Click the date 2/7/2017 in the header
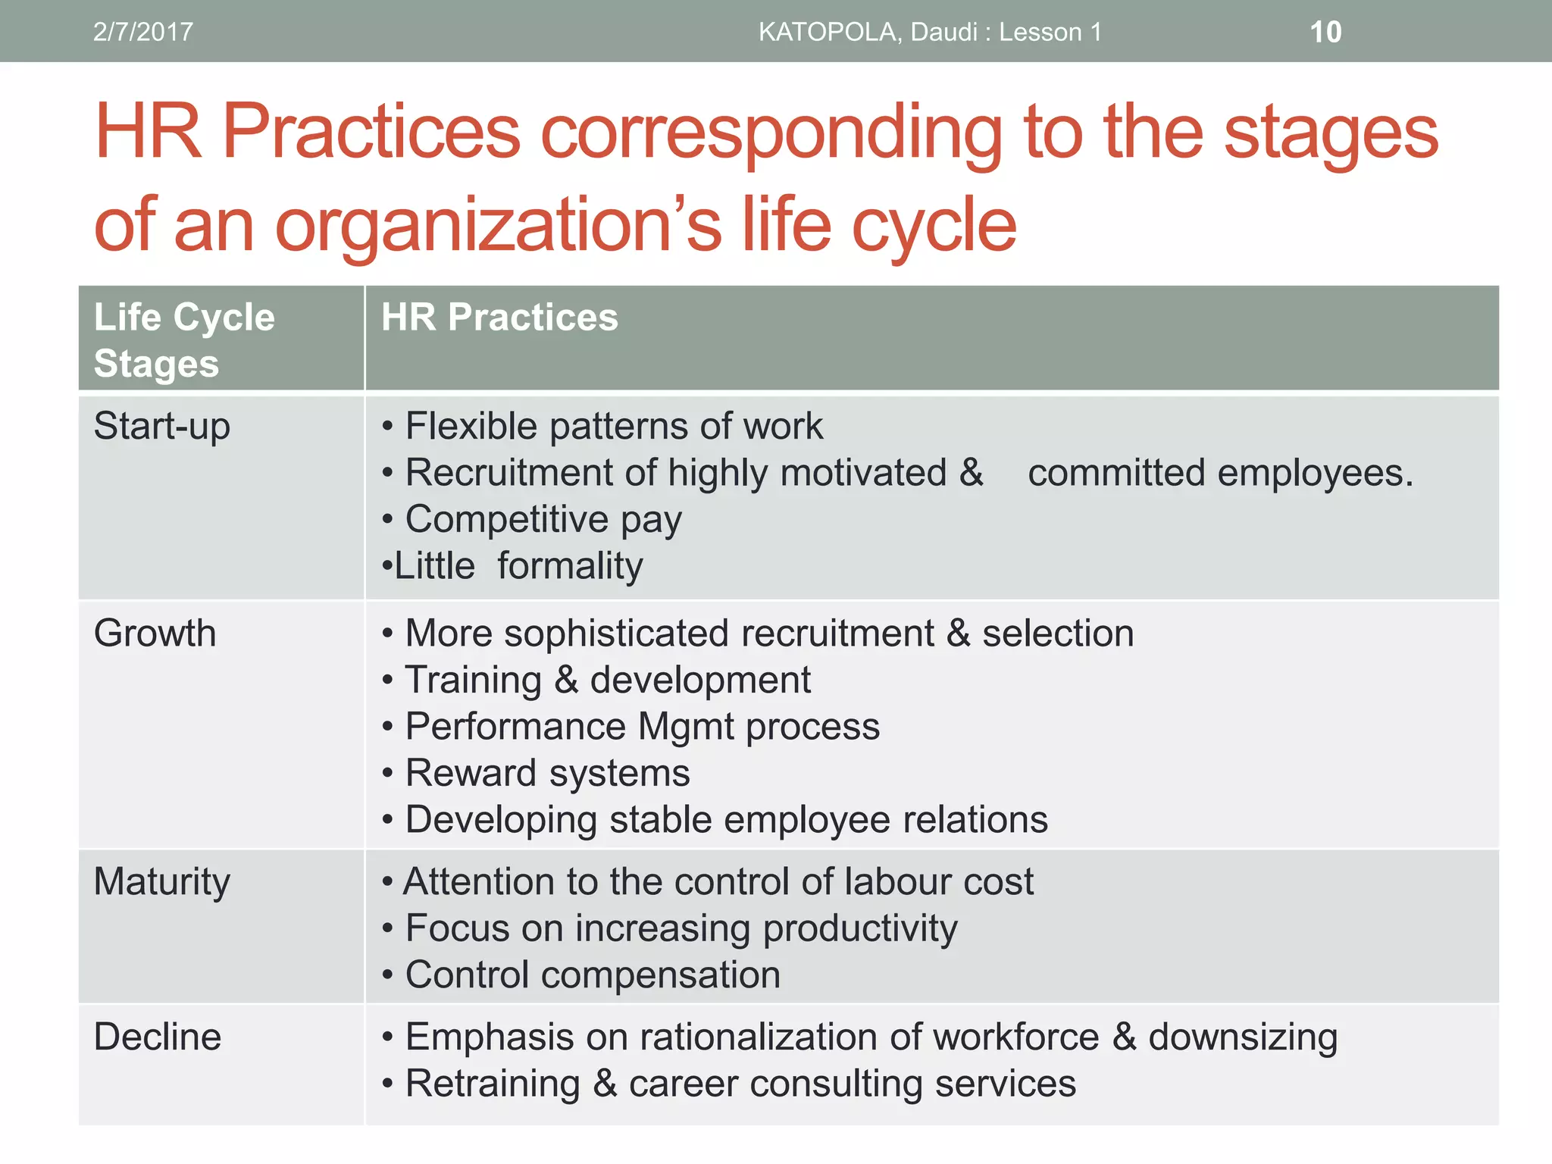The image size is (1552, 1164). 142,32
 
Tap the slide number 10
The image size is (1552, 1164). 1325,32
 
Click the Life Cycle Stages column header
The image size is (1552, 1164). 184,339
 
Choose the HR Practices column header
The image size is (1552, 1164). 499,317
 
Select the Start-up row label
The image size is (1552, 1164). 161,426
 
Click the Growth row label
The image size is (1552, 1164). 155,633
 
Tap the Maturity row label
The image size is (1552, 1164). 161,882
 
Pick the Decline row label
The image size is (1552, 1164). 158,1037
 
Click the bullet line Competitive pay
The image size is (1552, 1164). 543,520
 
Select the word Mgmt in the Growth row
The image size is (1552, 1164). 686,727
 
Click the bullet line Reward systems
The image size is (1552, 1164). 547,773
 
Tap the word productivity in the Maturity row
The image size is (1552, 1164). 860,929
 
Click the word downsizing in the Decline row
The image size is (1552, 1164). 1243,1037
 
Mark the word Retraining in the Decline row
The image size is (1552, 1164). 493,1084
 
